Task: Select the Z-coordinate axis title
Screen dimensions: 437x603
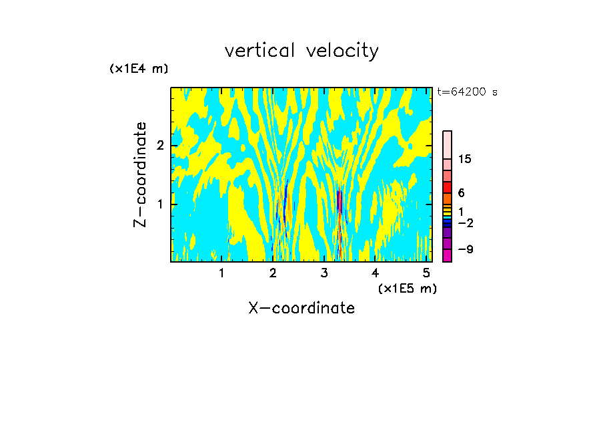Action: coord(140,174)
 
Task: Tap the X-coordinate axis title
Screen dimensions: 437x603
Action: coord(301,308)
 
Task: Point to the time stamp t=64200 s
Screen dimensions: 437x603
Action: coord(467,92)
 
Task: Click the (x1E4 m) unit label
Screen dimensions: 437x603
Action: coord(139,69)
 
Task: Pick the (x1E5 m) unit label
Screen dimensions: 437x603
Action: coord(407,288)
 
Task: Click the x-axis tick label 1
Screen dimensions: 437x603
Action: coord(221,273)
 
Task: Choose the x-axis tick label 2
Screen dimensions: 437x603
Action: coord(273,273)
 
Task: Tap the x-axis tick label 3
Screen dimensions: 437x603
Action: coord(324,273)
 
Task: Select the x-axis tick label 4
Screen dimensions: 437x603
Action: coord(376,273)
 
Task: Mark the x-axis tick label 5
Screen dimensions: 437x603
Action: coord(427,273)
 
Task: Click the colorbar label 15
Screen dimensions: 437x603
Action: coord(465,159)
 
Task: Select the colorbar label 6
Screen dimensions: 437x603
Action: coord(461,193)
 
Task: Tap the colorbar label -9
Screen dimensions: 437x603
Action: coord(465,249)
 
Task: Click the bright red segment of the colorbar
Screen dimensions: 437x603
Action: coord(447,187)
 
